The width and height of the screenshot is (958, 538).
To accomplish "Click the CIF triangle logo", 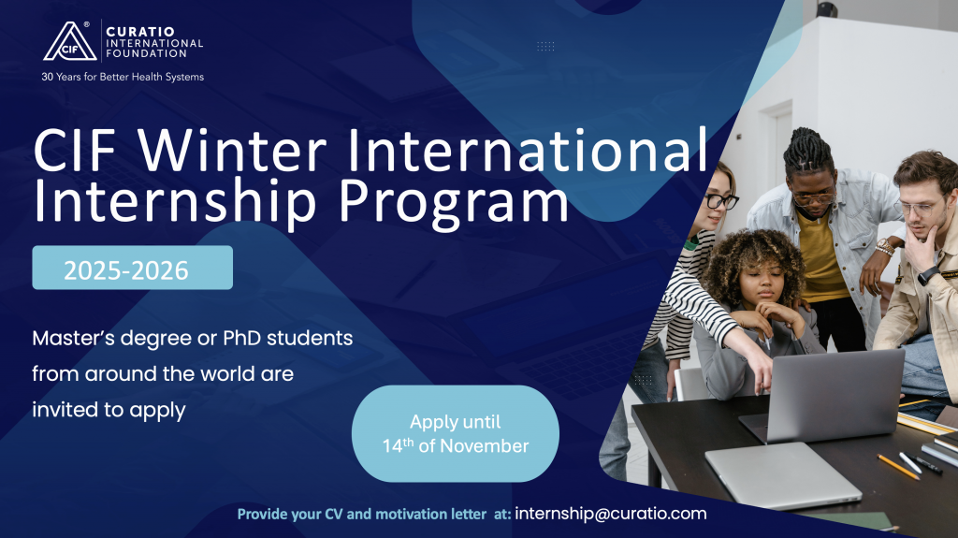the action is pyautogui.click(x=69, y=42).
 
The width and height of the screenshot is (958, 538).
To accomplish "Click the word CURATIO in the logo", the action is pyautogui.click(x=140, y=31).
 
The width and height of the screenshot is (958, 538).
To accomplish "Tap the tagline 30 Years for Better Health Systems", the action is pyautogui.click(x=123, y=77).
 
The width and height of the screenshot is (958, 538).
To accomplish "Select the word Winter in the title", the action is pyautogui.click(x=232, y=151).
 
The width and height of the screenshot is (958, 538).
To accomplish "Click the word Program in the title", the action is pyautogui.click(x=454, y=203).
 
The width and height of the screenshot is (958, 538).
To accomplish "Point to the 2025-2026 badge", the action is pyautogui.click(x=133, y=268).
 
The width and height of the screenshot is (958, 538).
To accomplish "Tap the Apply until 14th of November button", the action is pyautogui.click(x=456, y=433).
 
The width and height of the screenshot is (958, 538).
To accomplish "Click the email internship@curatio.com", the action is pyautogui.click(x=610, y=514).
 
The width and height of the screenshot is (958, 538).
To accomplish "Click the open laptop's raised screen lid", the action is pyautogui.click(x=835, y=393).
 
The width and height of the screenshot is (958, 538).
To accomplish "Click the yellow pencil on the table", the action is pyautogui.click(x=898, y=467).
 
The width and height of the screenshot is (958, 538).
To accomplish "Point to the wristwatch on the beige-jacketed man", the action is pyautogui.click(x=927, y=274).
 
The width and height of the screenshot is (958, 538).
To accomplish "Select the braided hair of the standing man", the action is pyautogui.click(x=807, y=151).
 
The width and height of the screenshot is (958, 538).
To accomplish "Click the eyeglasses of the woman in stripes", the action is pyautogui.click(x=721, y=200).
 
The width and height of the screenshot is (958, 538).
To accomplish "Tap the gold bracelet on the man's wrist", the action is pyautogui.click(x=884, y=247).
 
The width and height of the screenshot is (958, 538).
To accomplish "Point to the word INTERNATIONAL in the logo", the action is pyautogui.click(x=154, y=43).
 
